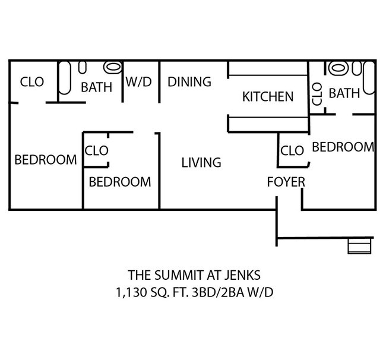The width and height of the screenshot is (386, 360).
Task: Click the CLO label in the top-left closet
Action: click(32, 82)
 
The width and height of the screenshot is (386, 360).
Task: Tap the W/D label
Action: click(138, 83)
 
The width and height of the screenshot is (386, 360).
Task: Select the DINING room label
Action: click(189, 82)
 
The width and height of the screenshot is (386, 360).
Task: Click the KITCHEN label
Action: click(268, 96)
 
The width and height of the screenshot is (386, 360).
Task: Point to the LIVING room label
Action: click(201, 162)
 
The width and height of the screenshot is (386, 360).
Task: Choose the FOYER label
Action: click(286, 182)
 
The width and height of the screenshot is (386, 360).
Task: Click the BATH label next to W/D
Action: click(96, 87)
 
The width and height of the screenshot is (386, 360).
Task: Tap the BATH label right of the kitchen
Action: click(344, 93)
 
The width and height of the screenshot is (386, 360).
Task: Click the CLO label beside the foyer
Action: click(292, 151)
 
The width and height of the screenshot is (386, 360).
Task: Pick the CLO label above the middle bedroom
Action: click(97, 151)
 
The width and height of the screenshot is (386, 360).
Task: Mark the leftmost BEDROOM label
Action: click(46, 160)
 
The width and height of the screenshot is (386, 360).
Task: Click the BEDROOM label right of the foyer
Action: click(343, 147)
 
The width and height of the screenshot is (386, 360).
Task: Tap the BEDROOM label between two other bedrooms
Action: click(120, 182)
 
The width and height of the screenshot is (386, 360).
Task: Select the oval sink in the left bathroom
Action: click(113, 66)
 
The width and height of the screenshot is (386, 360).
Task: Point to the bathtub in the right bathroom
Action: click(369, 77)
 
